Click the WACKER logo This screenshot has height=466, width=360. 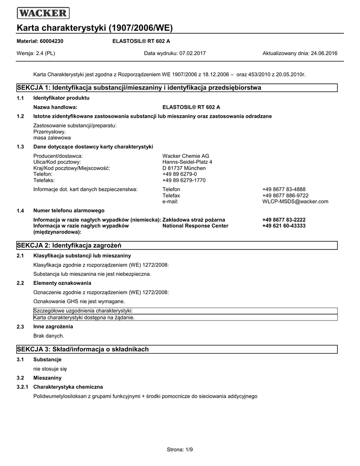43,13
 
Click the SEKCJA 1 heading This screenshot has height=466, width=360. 139,87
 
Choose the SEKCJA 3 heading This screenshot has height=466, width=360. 83,349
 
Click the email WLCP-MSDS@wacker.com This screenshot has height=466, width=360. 295,202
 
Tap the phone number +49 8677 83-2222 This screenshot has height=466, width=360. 284,220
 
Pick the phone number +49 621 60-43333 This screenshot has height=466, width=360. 284,226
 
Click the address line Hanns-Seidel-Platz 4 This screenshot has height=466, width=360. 187,162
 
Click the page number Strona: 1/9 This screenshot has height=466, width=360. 180,450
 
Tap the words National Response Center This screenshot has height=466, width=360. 195,226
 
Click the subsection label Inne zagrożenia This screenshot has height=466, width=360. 53,327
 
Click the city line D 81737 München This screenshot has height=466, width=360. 184,168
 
